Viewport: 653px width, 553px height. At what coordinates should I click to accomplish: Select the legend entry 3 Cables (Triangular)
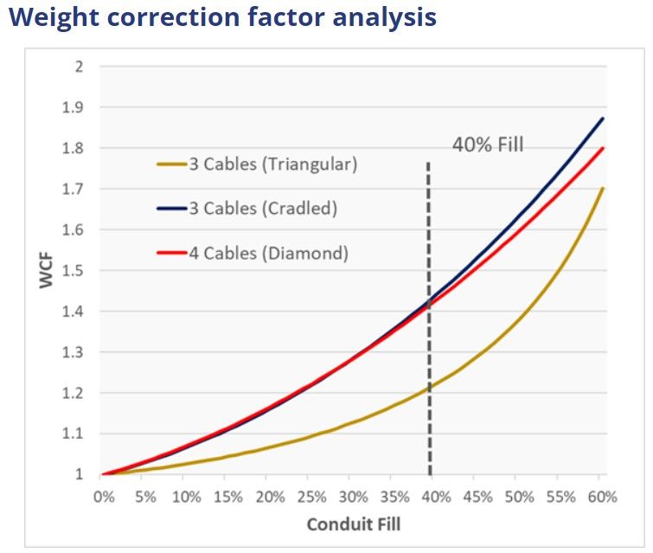click(272, 164)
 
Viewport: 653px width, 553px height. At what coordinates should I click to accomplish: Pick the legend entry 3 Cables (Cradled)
click(263, 209)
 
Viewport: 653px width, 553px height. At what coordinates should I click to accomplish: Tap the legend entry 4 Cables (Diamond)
click(268, 254)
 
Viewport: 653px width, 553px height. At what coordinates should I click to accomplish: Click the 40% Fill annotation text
click(488, 145)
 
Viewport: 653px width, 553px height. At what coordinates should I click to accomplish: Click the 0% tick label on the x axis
click(103, 498)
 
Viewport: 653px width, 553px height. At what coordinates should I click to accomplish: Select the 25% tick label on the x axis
click(310, 498)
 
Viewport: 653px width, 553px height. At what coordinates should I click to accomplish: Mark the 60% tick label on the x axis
click(602, 498)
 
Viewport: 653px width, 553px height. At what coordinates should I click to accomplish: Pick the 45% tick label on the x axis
click(477, 498)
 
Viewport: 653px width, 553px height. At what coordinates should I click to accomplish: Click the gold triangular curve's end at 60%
click(602, 189)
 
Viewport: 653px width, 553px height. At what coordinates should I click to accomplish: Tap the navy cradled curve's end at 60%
click(602, 119)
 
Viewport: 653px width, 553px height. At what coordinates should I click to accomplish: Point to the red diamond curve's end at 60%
click(602, 148)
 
